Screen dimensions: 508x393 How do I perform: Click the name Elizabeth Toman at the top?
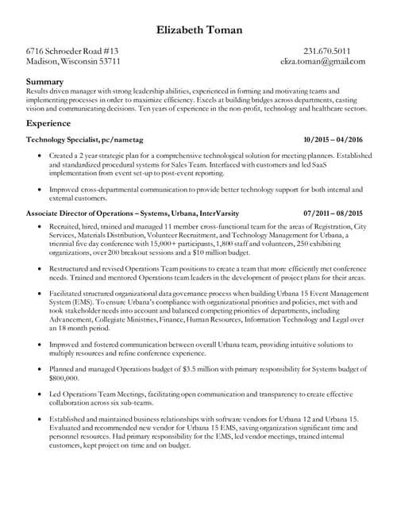click(196, 30)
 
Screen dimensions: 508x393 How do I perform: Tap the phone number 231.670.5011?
click(336, 50)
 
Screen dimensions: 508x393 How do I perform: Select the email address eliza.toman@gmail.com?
click(322, 61)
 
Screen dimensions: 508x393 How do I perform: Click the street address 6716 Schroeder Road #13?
click(72, 50)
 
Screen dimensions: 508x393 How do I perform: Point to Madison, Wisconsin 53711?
click(73, 61)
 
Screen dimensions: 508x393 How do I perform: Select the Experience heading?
click(47, 124)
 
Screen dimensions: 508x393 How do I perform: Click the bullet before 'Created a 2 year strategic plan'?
click(40, 156)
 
